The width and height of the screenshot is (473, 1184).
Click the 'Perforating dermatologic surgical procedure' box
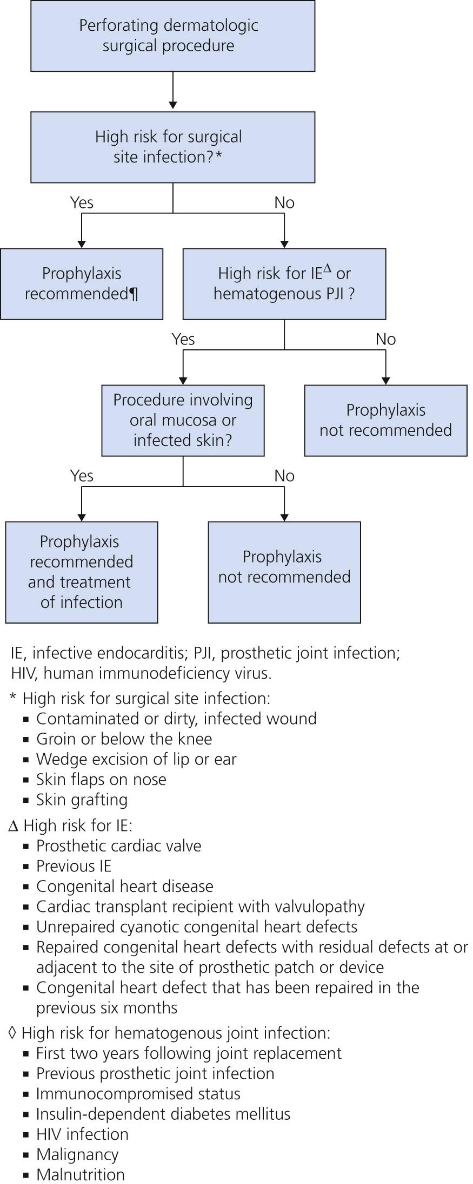[172, 36]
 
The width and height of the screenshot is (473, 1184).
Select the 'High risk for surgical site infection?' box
[172, 147]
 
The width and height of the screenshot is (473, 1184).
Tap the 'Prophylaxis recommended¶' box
[82, 283]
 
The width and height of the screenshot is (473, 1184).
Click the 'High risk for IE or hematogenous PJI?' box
[284, 283]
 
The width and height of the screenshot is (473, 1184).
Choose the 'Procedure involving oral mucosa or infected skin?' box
[183, 420]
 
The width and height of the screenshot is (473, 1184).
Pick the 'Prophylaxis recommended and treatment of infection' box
[82, 572]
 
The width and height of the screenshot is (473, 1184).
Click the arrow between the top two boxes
[172, 91]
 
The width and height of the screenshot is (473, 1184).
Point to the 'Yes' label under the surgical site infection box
[82, 202]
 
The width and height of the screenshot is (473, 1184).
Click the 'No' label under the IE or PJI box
[385, 339]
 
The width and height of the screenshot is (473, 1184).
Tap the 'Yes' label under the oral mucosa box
[82, 476]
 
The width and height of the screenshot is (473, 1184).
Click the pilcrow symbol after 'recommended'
[134, 294]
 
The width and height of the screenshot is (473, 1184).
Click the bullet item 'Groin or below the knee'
[124, 739]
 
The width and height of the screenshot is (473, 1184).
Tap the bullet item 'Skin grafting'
[82, 799]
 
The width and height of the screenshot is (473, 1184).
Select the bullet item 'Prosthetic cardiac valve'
[118, 845]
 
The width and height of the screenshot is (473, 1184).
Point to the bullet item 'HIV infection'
[82, 1134]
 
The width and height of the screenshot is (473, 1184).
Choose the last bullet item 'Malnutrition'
[80, 1174]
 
